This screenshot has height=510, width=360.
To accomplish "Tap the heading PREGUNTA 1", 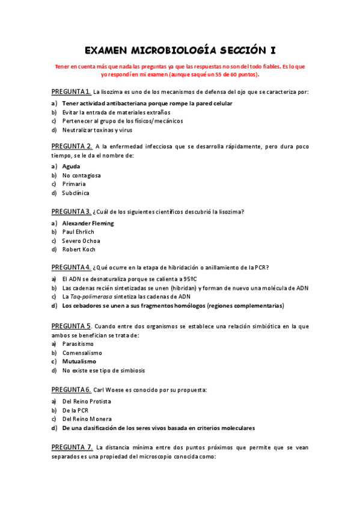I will pos(71,91).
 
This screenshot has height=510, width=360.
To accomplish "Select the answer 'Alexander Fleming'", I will pos(88,223).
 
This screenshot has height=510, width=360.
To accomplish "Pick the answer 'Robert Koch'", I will pos(79,250).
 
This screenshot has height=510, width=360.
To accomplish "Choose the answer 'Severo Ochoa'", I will pos(81,241).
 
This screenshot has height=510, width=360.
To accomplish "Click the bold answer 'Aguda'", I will pos(71,166).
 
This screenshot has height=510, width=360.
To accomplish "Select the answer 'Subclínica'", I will pos(76,193).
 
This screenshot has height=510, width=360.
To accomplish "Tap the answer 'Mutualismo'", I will pos(79,361).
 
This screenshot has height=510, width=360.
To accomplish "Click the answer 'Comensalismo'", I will pos(82,352).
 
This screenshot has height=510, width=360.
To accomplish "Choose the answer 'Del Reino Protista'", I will pos(87,401).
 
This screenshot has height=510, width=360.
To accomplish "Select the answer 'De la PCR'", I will pos(75,410).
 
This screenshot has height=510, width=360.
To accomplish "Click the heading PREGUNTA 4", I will pos(71,267).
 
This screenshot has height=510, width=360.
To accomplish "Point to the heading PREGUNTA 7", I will pos(72,447).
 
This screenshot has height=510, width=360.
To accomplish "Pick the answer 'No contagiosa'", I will pos(82,175).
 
